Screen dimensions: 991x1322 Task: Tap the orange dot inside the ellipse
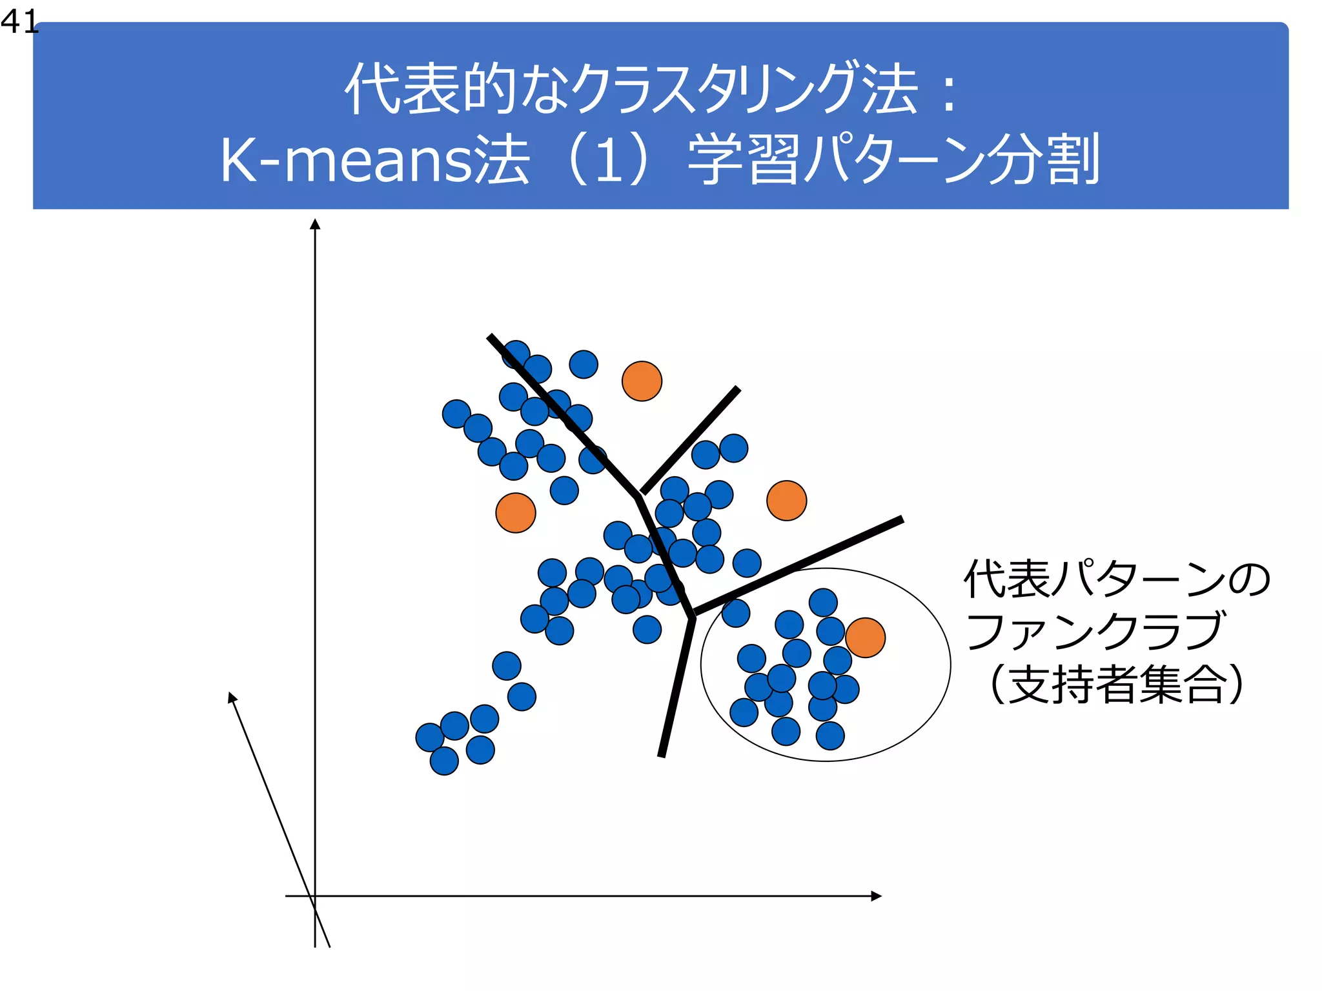(865, 637)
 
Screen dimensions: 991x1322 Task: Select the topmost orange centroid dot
(642, 381)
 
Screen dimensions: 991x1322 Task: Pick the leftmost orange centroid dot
(516, 513)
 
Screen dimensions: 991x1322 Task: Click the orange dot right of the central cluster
(786, 501)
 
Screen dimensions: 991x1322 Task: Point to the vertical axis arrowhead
(315, 224)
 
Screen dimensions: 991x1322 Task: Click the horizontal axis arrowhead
(876, 896)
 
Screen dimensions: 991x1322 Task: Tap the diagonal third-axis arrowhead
(232, 697)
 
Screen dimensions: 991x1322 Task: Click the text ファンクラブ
(1094, 631)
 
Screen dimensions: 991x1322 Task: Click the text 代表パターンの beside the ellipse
(1117, 579)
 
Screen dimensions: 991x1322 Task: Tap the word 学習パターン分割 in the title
(893, 160)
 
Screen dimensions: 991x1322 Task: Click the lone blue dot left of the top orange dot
(584, 365)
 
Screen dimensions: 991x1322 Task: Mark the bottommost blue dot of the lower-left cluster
(444, 761)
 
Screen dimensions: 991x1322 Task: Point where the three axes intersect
(315, 896)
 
